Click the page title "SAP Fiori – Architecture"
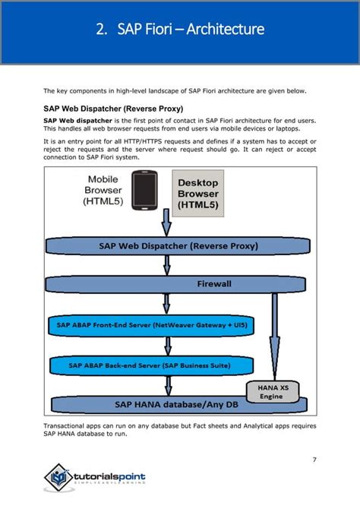pyautogui.click(x=191, y=30)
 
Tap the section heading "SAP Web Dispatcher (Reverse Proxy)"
pyautogui.click(x=113, y=108)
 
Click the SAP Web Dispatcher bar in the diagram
pyautogui.click(x=178, y=246)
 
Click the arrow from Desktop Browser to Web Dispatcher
pyautogui.click(x=166, y=225)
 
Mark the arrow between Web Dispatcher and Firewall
pyautogui.click(x=165, y=265)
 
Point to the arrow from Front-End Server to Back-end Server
pyautogui.click(x=165, y=346)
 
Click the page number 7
pyautogui.click(x=314, y=458)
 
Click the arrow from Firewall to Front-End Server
pyautogui.click(x=165, y=304)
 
